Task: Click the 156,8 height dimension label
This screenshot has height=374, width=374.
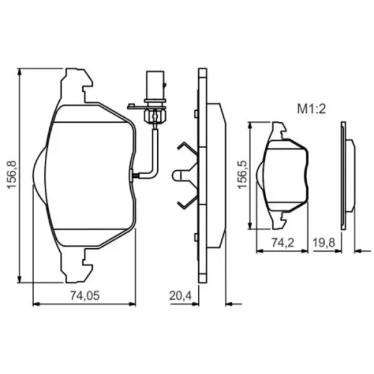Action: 11,175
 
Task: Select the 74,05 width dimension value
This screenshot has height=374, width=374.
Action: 85,295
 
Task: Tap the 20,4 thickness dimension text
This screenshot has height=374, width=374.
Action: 181,296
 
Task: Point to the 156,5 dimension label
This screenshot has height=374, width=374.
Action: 242,175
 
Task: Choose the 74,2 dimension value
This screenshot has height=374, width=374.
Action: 283,243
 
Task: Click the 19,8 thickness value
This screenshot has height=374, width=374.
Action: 324,243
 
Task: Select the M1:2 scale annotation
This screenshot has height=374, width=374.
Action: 311,110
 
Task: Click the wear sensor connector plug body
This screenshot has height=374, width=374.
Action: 155,86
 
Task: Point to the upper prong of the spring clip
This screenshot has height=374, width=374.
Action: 188,148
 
